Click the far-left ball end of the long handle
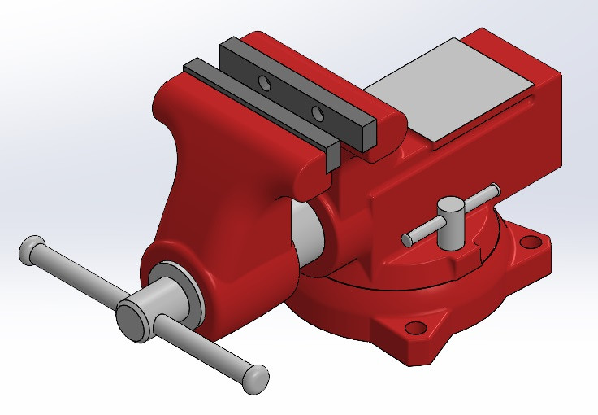(x=31, y=249)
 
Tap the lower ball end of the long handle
(x=256, y=376)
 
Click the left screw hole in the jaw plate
(x=263, y=84)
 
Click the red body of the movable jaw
(x=219, y=179)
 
